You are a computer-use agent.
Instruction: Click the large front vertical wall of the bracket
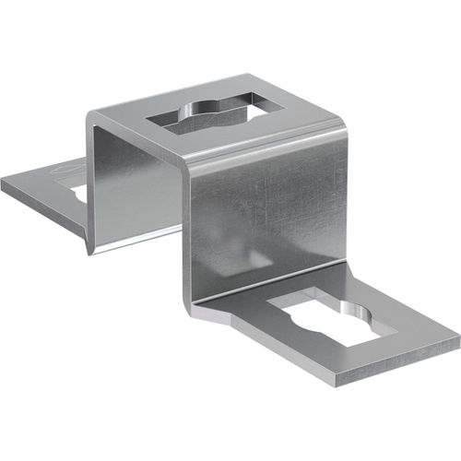(x=267, y=221)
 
